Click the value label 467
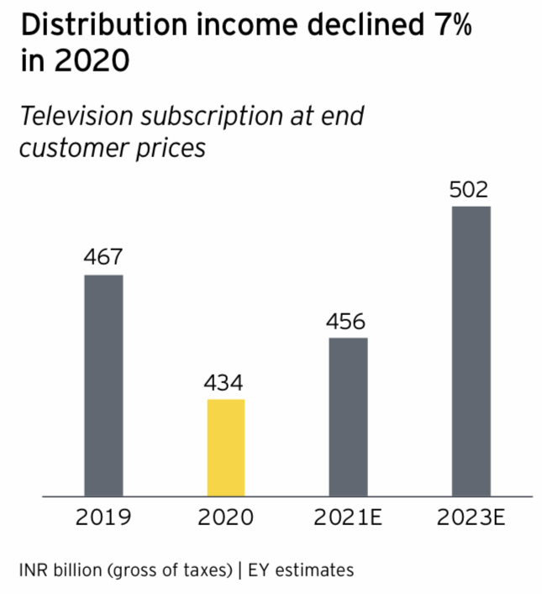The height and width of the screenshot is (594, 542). [x=103, y=257]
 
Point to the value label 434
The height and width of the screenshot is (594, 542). [x=225, y=383]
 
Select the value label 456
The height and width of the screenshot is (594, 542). [x=348, y=321]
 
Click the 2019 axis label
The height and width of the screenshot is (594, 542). [x=103, y=517]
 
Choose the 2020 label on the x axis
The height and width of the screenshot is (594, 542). [x=225, y=517]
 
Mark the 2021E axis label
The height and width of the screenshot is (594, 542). [x=348, y=517]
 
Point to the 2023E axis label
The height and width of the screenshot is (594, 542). [x=471, y=517]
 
